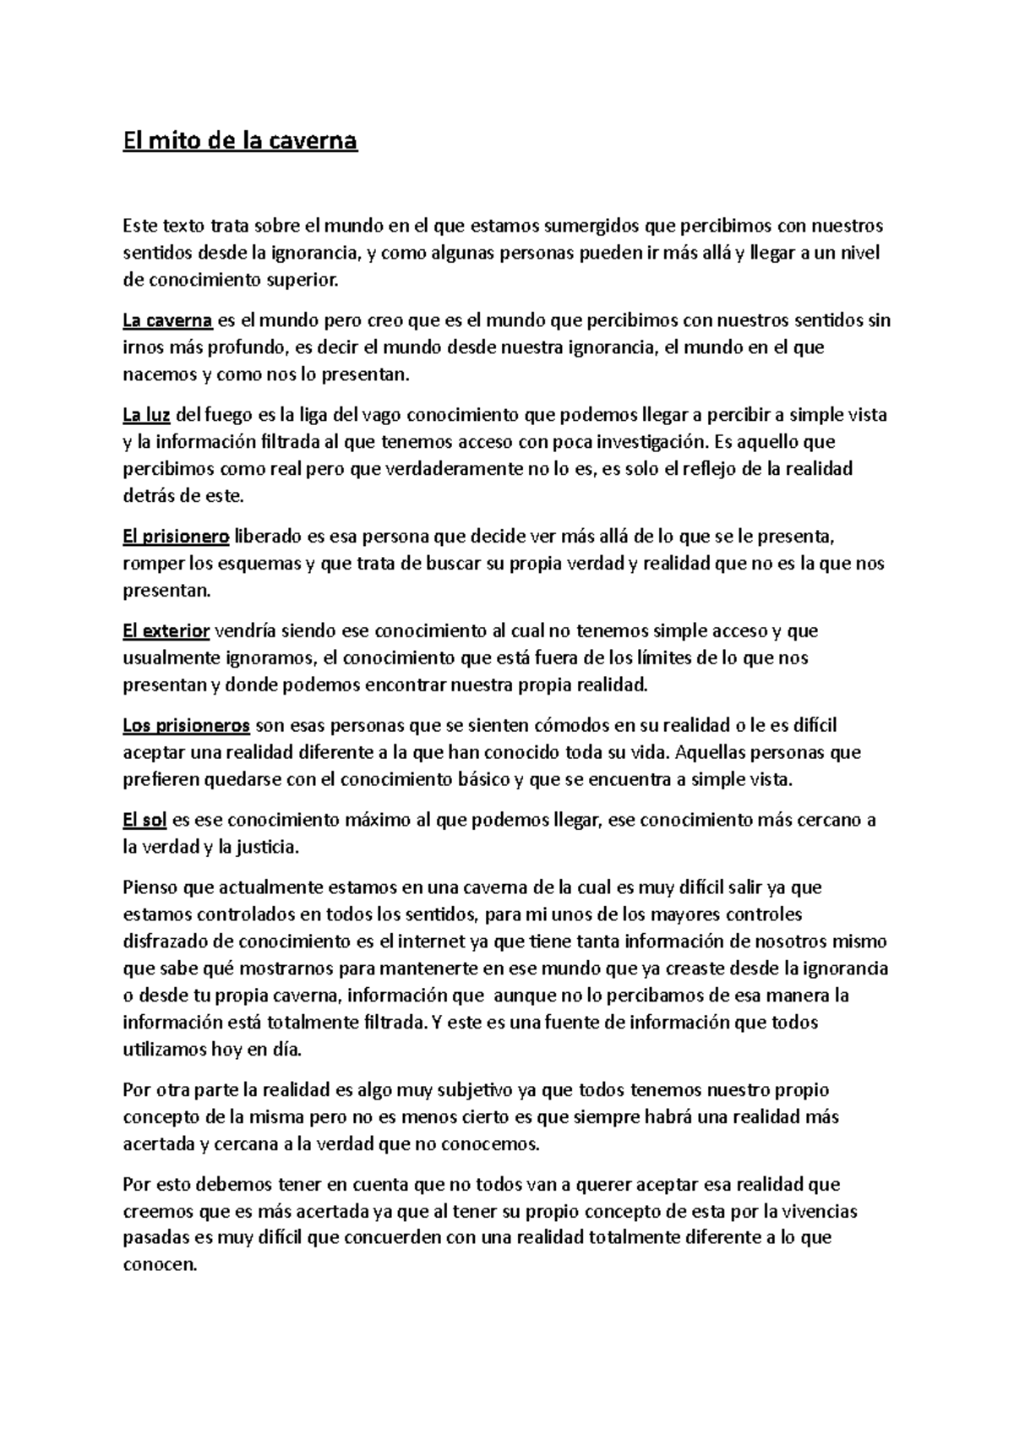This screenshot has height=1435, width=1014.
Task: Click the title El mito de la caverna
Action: click(x=241, y=141)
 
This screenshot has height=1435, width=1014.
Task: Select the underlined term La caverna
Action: click(x=167, y=320)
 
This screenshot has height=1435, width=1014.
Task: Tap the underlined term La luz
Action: click(x=148, y=415)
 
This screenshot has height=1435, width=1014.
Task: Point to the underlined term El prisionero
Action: click(x=176, y=536)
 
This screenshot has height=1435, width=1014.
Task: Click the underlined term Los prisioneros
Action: click(x=186, y=725)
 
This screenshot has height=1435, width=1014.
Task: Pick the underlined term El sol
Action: click(x=144, y=820)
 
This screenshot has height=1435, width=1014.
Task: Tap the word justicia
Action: click(x=268, y=846)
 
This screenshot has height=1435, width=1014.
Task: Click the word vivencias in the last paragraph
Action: click(x=819, y=1211)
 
